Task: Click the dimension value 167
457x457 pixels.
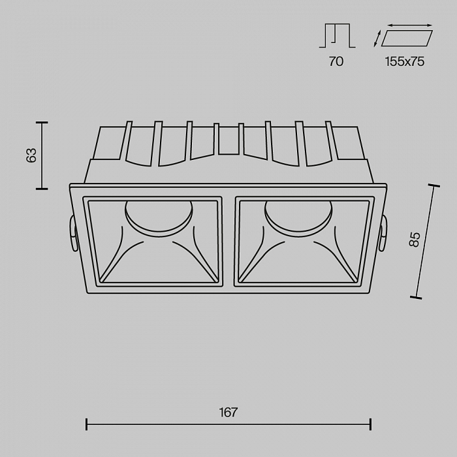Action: click(x=228, y=413)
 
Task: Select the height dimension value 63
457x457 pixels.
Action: click(x=31, y=155)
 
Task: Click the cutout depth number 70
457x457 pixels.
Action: click(x=336, y=62)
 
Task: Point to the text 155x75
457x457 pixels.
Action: click(x=405, y=62)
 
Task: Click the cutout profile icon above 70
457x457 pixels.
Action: click(x=336, y=35)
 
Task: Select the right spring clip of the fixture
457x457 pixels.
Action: click(x=383, y=234)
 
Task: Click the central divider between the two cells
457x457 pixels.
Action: click(x=229, y=242)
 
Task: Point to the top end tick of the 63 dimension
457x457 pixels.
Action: click(x=42, y=122)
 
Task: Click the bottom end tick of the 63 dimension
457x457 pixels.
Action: click(x=42, y=189)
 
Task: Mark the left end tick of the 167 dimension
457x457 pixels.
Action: click(x=87, y=424)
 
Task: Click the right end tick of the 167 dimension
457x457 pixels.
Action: click(x=370, y=424)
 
